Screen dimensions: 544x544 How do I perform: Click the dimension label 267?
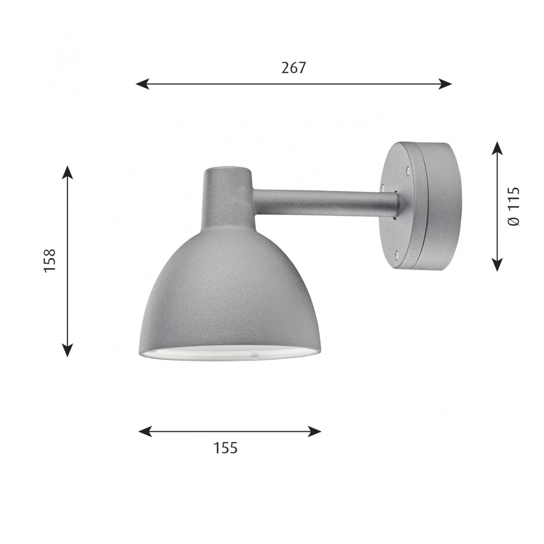pos(294,68)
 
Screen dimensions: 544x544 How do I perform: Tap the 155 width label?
pos(225,448)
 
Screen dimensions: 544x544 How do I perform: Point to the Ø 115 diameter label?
pos(514,206)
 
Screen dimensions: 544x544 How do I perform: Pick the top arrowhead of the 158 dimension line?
pos(67,172)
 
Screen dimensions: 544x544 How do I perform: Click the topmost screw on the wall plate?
pos(408,171)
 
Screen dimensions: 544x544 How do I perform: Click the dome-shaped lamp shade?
pos(227,295)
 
